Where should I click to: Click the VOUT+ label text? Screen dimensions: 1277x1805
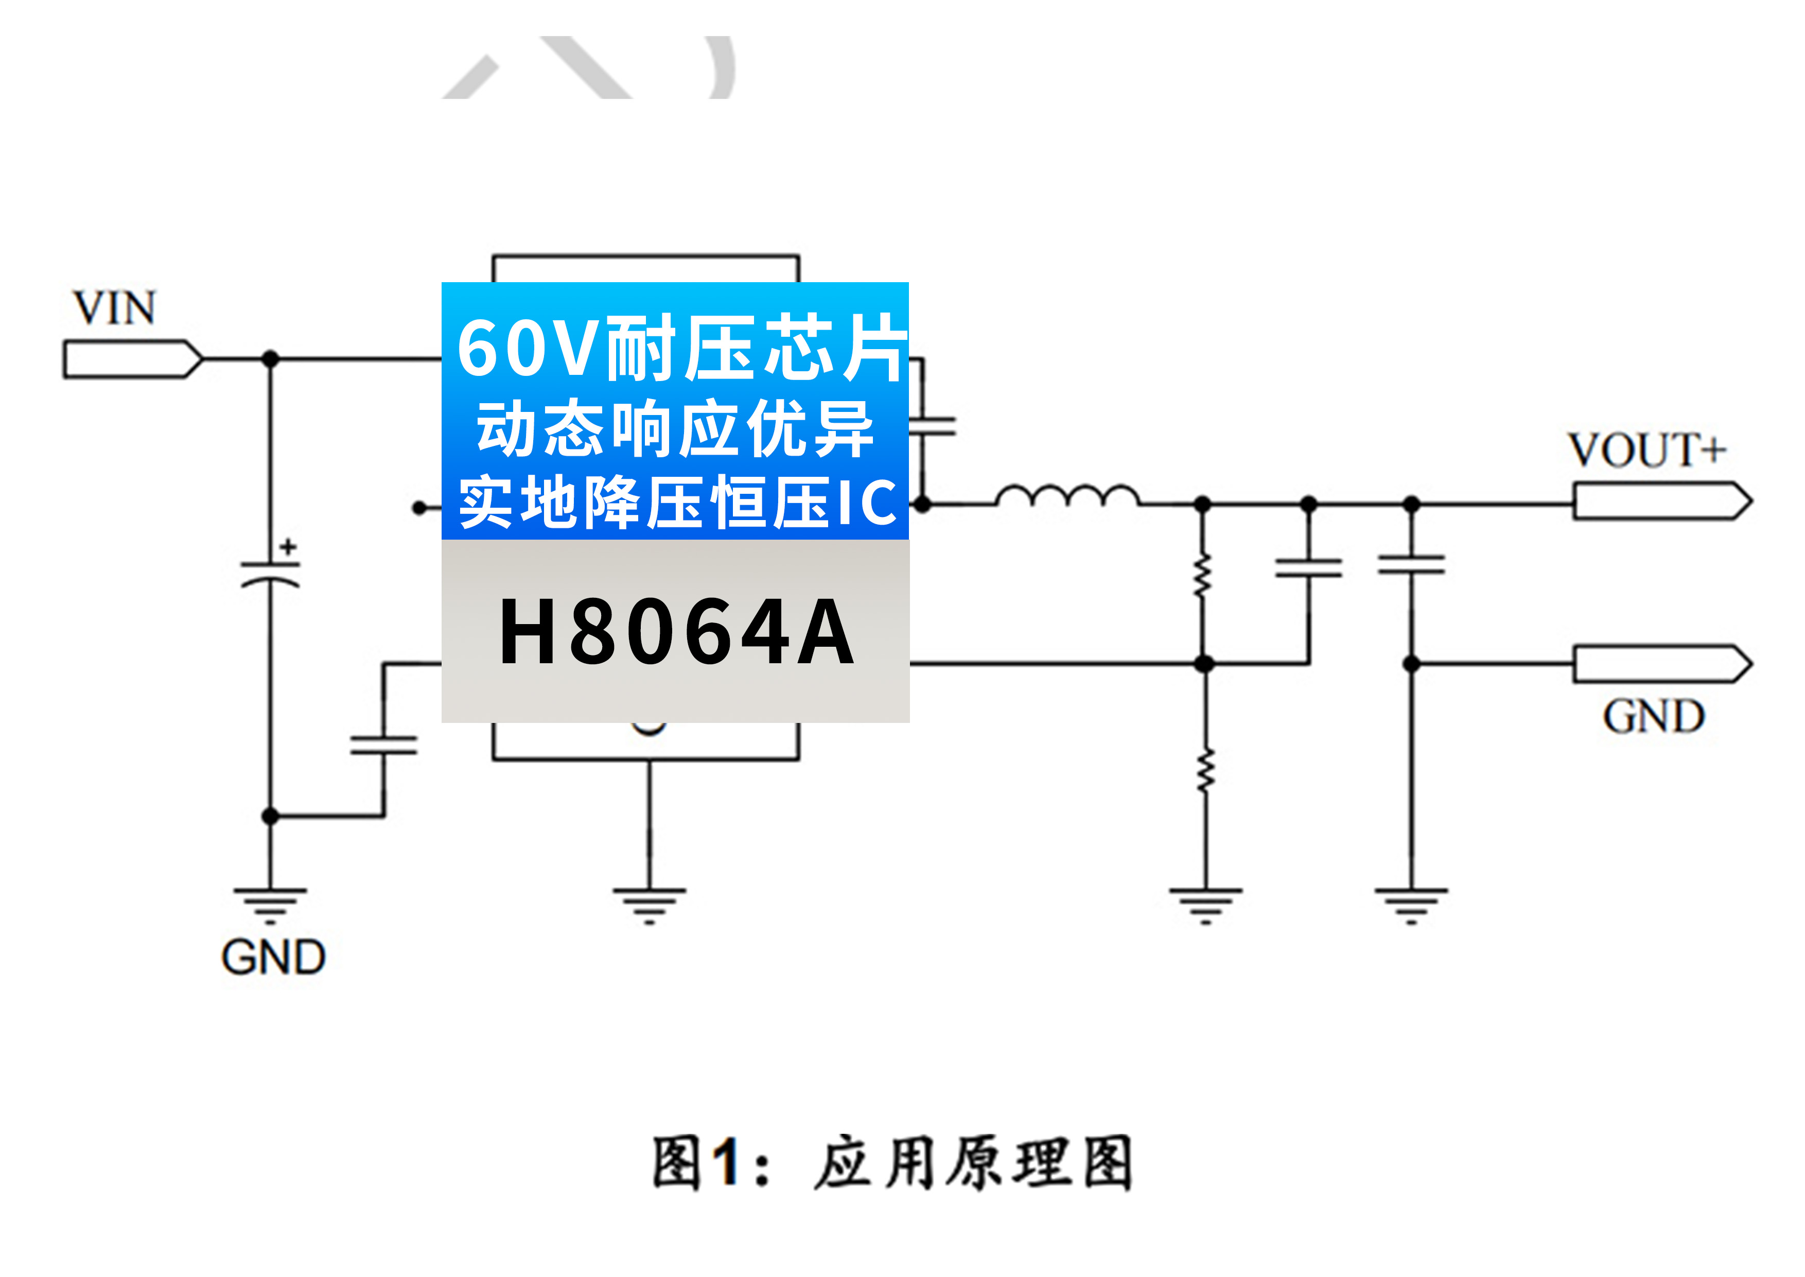[x=1647, y=451]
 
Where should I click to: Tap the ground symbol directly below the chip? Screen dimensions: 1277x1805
[x=650, y=904]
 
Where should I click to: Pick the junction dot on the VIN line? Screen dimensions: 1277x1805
[x=270, y=359]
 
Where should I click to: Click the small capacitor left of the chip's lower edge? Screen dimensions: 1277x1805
[x=383, y=745]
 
